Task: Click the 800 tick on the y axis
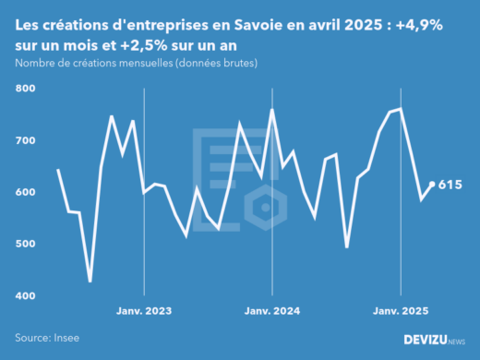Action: click(24, 89)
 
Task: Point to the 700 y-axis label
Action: click(24, 140)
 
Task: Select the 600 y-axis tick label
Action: click(24, 192)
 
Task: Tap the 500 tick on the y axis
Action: click(24, 244)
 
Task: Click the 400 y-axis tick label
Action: click(24, 295)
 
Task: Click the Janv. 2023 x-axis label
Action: click(144, 311)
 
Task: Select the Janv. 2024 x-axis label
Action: click(272, 311)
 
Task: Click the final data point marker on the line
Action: click(432, 185)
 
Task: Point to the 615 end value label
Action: click(450, 185)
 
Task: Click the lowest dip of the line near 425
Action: click(90, 282)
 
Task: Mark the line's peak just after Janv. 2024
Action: click(272, 110)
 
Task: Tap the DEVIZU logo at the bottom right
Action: click(434, 339)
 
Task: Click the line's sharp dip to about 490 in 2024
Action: click(347, 246)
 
